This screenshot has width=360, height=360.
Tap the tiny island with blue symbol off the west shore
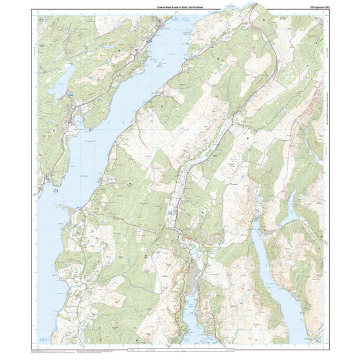click(x=56, y=191)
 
